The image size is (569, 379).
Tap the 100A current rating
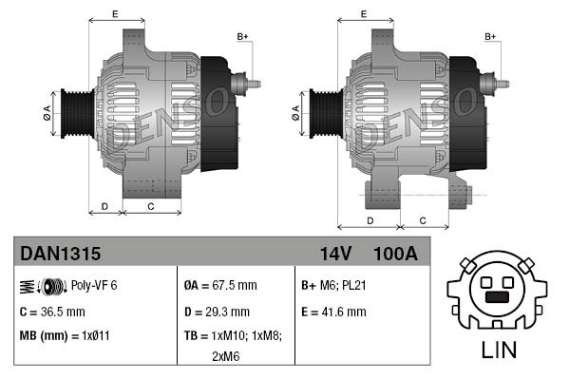coord(395,254)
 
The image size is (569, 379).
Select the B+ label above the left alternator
coord(242,37)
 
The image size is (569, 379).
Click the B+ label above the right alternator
coord(491,37)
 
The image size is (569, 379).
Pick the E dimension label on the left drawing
coord(115,13)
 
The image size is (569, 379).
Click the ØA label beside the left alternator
coord(47,112)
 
